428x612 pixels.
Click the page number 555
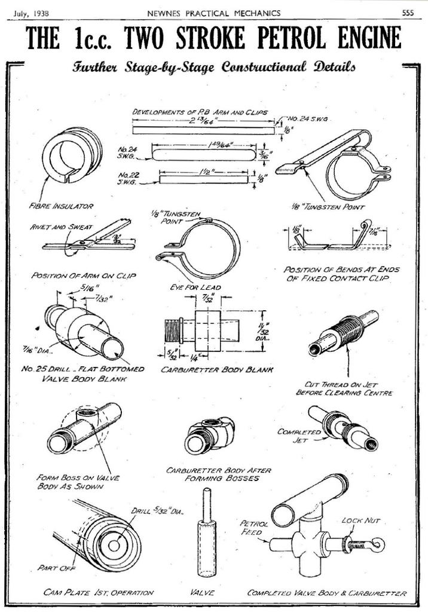pos(408,13)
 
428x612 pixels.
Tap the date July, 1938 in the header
pos(30,13)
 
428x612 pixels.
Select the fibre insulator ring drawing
pos(70,155)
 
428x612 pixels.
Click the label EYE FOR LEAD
pos(195,287)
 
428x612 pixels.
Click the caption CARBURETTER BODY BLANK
pos(217,370)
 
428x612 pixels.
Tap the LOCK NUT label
pos(360,521)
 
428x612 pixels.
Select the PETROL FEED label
pos(255,527)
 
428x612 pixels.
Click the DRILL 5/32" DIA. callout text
pos(158,511)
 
